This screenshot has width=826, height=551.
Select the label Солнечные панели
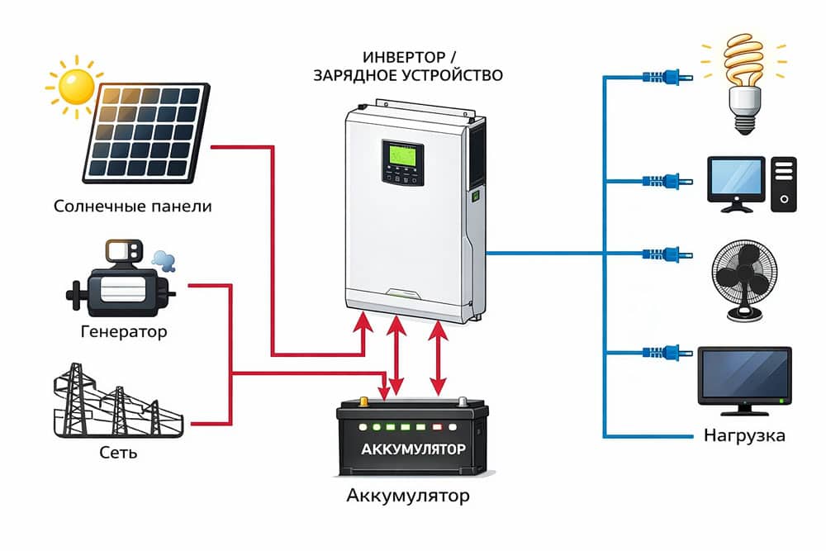tap(132, 206)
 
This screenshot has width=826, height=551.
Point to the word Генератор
tap(124, 332)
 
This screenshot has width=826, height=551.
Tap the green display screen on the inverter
tap(398, 155)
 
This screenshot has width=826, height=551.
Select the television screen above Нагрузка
tap(745, 373)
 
